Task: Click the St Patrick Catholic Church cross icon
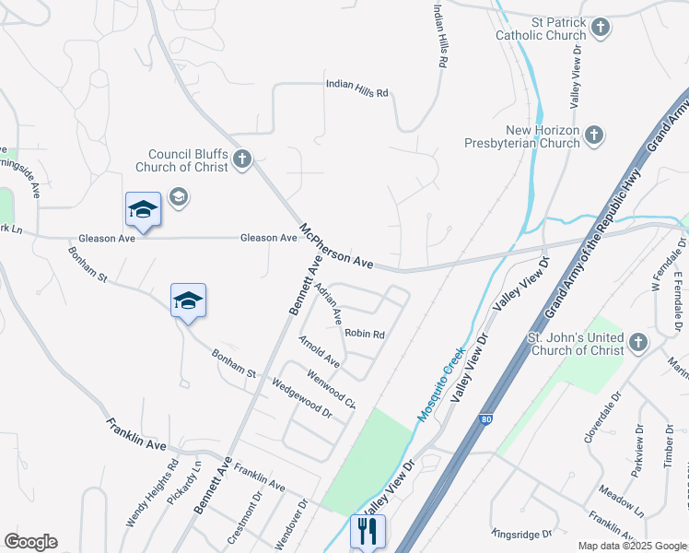pyautogui.click(x=600, y=28)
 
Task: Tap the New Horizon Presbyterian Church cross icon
pyautogui.click(x=594, y=135)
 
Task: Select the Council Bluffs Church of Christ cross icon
pyautogui.click(x=242, y=159)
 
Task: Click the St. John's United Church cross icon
pyautogui.click(x=638, y=344)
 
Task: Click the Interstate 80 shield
pyautogui.click(x=485, y=419)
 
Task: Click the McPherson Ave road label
pyautogui.click(x=336, y=246)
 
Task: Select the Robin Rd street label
pyautogui.click(x=364, y=334)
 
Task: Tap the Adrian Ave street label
pyautogui.click(x=329, y=301)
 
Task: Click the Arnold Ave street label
pyautogui.click(x=319, y=352)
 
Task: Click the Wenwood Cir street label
pyautogui.click(x=331, y=388)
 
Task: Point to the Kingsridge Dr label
pyautogui.click(x=521, y=533)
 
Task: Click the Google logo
pyautogui.click(x=30, y=542)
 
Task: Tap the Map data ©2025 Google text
pyautogui.click(x=631, y=546)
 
